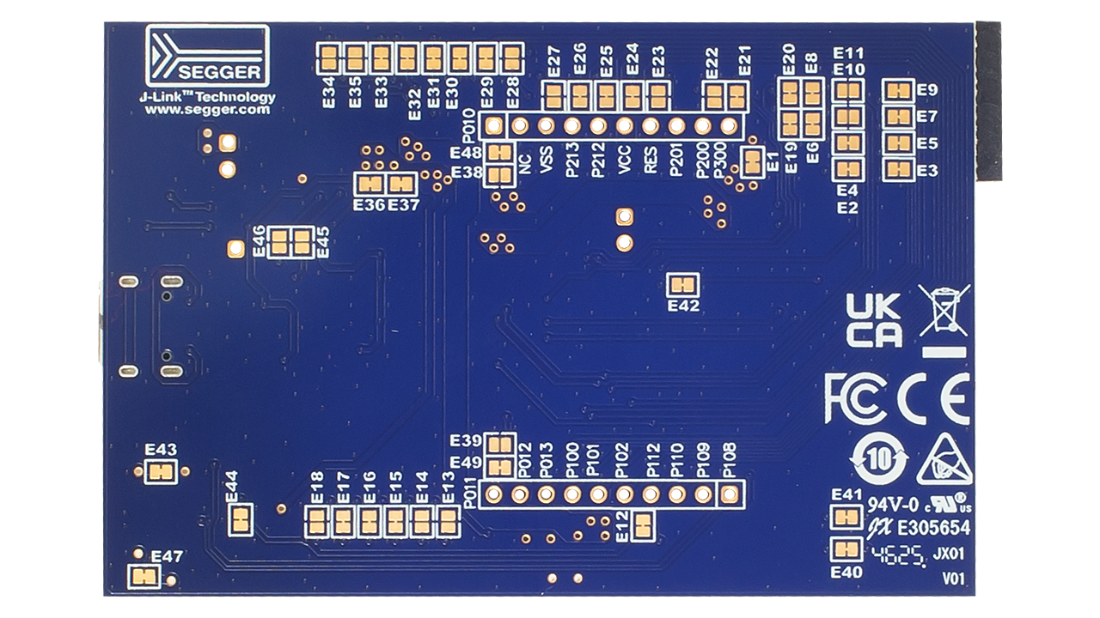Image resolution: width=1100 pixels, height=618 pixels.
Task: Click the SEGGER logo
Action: pyautogui.click(x=207, y=56)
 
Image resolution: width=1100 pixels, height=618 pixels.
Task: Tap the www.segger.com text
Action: pyautogui.click(x=207, y=110)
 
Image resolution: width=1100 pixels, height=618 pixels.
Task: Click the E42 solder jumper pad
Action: pyautogui.click(x=683, y=284)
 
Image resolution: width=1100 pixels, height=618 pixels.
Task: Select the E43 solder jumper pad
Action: pyautogui.click(x=161, y=471)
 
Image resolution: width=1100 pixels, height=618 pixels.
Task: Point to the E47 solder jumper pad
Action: pyautogui.click(x=144, y=578)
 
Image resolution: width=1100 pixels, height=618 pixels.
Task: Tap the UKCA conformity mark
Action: pyautogui.click(x=874, y=320)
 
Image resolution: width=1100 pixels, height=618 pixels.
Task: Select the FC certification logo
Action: pyautogui.click(x=854, y=397)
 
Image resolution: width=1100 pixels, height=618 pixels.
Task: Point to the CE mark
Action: pyautogui.click(x=934, y=397)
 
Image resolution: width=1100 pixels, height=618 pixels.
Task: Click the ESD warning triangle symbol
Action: pyautogui.click(x=944, y=461)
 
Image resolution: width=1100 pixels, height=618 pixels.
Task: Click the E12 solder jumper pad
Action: pyautogui.click(x=642, y=525)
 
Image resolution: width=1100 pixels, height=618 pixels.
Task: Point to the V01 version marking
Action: pyautogui.click(x=953, y=580)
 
